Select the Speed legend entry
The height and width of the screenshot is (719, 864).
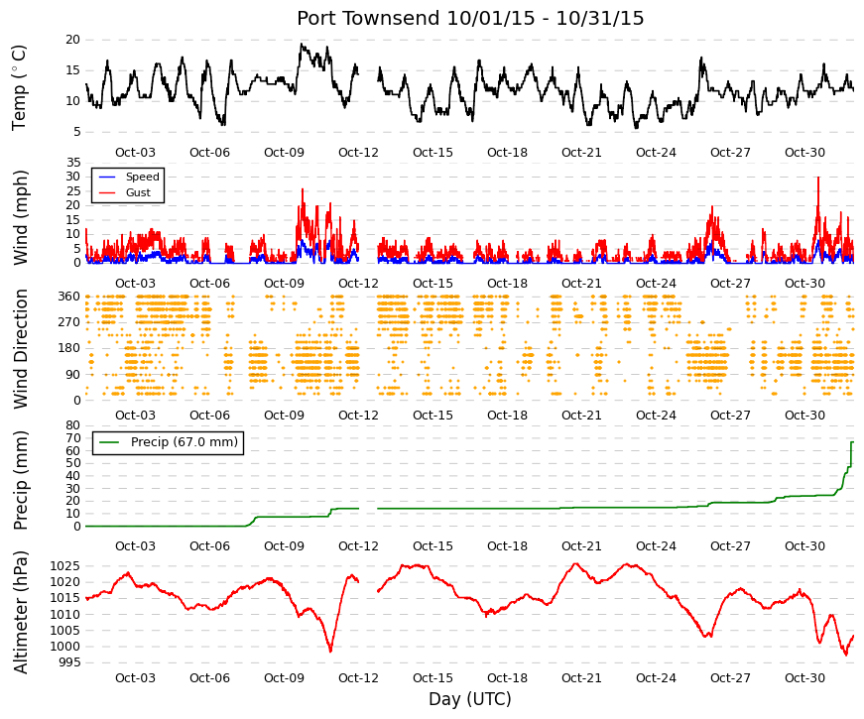142,177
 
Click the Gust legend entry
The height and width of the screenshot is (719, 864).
138,192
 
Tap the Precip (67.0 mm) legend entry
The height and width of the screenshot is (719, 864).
185,442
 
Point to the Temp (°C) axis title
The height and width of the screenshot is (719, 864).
19,87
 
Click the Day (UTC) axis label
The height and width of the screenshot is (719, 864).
470,699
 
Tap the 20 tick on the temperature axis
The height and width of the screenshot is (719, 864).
72,40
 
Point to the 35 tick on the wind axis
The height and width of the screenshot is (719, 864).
72,163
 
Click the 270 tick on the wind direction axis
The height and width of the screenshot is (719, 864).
69,322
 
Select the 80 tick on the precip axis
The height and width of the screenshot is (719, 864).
72,425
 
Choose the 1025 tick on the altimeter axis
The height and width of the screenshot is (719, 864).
65,566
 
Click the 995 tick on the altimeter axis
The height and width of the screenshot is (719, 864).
68,662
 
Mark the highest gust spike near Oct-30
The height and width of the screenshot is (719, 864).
818,178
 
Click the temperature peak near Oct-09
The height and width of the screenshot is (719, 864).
301,44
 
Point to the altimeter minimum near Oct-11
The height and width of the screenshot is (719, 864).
330,652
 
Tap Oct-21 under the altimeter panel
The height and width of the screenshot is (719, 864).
581,678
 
